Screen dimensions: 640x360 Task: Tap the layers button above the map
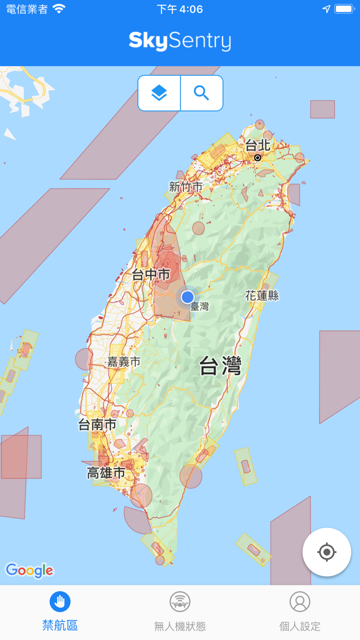(159, 93)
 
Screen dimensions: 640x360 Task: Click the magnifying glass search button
(201, 93)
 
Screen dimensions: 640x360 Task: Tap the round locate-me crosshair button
(326, 552)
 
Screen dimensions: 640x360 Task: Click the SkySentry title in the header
(180, 41)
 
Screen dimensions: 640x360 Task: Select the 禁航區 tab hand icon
(60, 601)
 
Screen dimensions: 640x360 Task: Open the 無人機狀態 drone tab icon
(180, 601)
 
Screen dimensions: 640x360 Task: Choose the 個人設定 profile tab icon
(300, 601)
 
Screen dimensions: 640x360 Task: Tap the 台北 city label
(257, 145)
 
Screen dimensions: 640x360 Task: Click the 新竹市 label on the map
(185, 187)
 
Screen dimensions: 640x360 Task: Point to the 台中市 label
(151, 274)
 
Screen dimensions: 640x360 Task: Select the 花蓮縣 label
(262, 295)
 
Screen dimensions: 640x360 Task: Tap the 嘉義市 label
(123, 361)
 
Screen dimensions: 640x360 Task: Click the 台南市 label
(97, 424)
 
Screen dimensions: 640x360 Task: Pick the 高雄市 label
(106, 472)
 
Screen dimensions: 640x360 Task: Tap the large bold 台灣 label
(220, 366)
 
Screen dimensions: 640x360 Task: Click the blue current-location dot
(187, 297)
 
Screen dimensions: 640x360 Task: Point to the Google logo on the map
(29, 570)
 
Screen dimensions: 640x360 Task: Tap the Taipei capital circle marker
(257, 157)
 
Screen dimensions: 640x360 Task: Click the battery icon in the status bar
(344, 9)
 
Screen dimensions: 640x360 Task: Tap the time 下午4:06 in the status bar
(179, 9)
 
